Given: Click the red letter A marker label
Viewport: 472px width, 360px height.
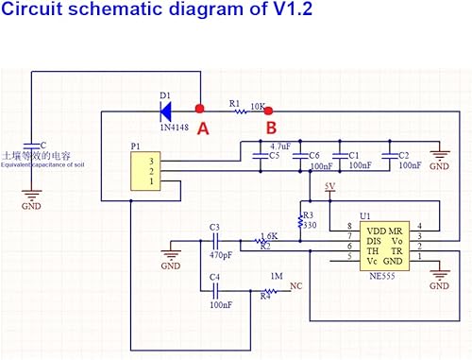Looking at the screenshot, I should pos(202,129).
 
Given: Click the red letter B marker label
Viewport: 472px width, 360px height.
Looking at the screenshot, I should pos(270,129).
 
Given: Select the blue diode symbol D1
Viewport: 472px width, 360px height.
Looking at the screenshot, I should pos(168,109).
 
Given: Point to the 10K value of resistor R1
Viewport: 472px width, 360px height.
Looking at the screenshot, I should pos(257,106).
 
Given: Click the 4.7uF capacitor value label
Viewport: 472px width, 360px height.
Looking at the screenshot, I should pos(281,146).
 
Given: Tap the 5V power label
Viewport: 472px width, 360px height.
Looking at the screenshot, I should pos(329,186).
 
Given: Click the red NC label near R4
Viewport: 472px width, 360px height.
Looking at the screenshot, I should pos(295,284).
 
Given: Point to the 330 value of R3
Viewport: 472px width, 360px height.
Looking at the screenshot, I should pos(308,225).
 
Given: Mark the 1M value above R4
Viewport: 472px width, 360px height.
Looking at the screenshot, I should pos(277,276).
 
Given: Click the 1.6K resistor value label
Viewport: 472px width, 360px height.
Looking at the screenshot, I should pos(269,236).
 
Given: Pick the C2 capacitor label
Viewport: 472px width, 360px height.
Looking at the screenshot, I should pos(403,155).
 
